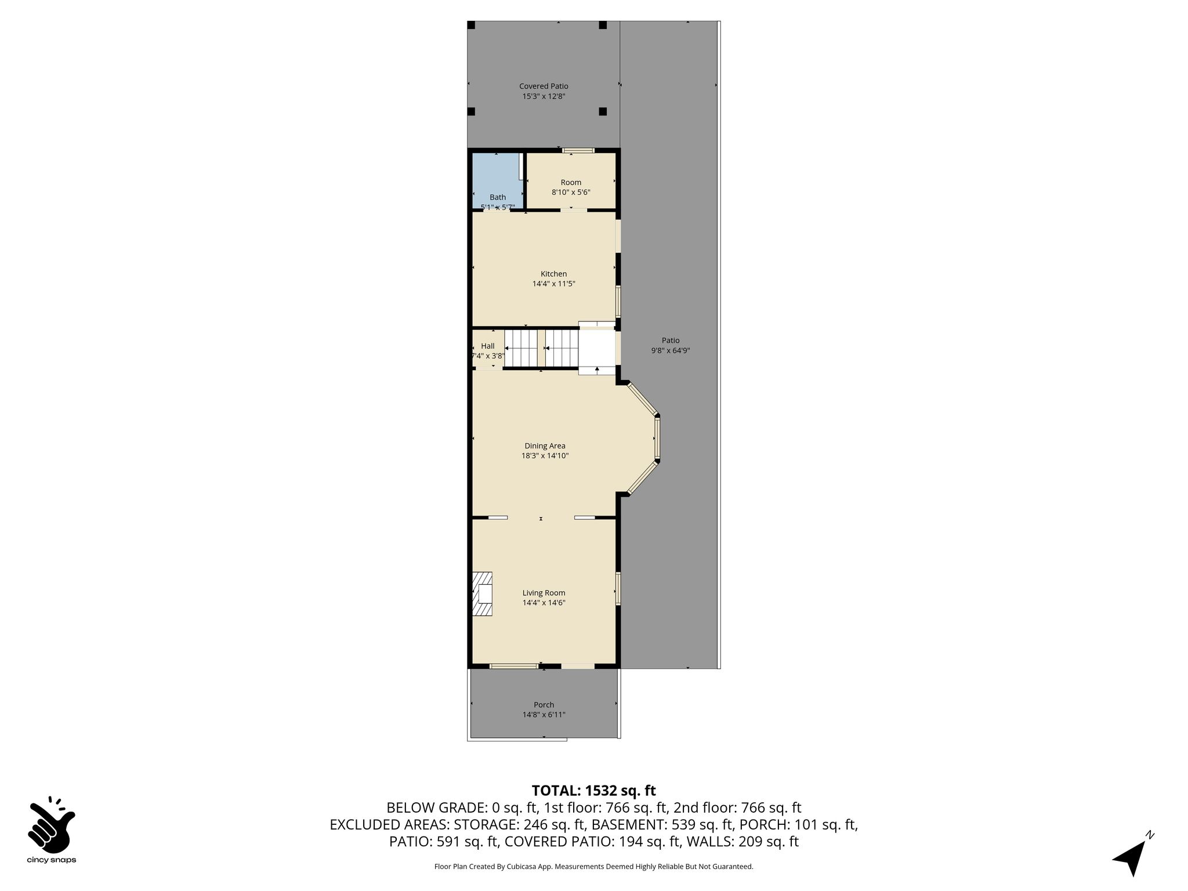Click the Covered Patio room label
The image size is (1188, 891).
[544, 86]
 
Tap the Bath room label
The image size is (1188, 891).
[498, 197]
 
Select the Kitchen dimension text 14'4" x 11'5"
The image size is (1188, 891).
[554, 284]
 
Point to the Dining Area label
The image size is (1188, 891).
[545, 446]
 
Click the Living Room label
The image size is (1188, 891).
[544, 593]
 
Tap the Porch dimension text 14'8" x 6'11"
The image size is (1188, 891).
[544, 715]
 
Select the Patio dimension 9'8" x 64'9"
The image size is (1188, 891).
[671, 350]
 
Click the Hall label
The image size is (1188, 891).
[488, 346]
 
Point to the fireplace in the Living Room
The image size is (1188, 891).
[482, 594]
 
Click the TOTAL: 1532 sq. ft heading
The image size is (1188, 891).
[593, 791]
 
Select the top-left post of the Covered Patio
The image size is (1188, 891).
[471, 25]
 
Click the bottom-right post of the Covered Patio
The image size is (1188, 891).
[603, 111]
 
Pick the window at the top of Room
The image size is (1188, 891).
[578, 151]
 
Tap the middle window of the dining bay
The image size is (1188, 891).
[657, 438]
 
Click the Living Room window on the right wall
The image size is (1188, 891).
[618, 589]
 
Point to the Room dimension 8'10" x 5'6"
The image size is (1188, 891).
[571, 192]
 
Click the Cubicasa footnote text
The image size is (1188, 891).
[593, 867]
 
